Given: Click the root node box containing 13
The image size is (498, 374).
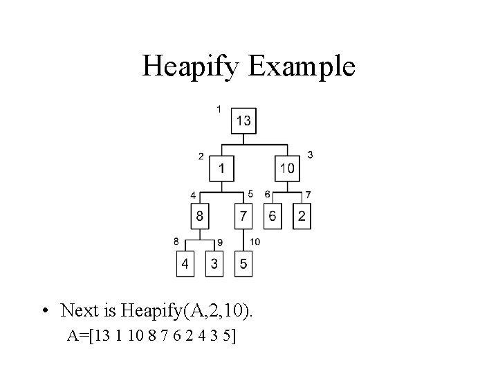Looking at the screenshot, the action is click(x=243, y=121).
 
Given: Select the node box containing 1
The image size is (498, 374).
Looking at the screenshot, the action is click(x=221, y=167).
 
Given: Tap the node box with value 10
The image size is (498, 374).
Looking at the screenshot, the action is click(x=287, y=167).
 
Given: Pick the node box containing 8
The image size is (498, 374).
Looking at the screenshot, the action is click(x=199, y=217).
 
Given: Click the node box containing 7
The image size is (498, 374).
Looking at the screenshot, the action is click(x=243, y=217).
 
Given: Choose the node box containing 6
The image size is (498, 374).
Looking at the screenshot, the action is click(x=273, y=217).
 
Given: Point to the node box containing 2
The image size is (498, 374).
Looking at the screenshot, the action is click(x=301, y=217).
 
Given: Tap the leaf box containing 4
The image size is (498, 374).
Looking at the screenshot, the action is click(x=185, y=264).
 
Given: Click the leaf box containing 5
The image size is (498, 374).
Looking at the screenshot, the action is click(x=243, y=264).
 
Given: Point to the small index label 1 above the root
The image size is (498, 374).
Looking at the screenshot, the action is click(x=219, y=108).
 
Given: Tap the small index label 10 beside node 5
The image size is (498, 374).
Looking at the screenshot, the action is click(x=255, y=241).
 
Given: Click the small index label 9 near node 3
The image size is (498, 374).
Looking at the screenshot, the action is click(x=219, y=242).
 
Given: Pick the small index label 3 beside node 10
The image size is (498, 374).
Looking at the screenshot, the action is click(x=310, y=155).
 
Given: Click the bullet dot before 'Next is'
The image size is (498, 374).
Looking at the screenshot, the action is click(x=44, y=310).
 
